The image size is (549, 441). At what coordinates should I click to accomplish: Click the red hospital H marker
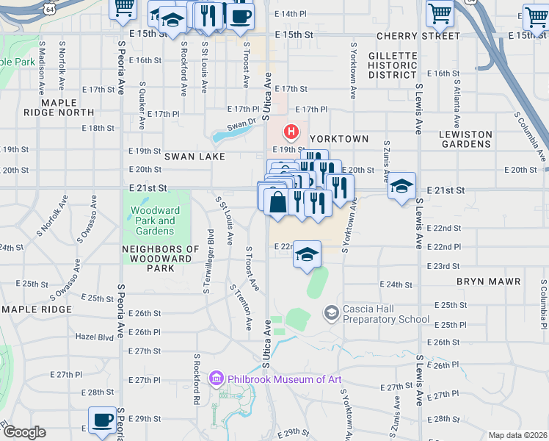(291, 132)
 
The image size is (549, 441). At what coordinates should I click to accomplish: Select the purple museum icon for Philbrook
(216, 379)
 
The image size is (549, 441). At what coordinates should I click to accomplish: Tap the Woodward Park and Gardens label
(154, 220)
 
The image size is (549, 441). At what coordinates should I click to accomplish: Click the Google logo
(24, 432)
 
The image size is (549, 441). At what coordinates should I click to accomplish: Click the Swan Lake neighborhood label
(194, 157)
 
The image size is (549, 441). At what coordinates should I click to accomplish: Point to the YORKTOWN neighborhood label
(338, 138)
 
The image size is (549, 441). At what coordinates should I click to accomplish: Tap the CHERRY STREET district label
(418, 35)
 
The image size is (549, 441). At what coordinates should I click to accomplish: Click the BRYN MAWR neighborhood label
(488, 282)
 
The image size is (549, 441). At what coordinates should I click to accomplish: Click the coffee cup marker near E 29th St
(103, 420)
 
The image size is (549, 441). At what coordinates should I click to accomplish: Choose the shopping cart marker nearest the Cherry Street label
(440, 11)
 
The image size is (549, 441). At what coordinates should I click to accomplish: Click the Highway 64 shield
(48, 7)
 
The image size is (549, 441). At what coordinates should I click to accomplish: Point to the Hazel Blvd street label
(95, 337)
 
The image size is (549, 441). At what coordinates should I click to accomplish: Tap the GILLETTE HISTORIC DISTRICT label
(393, 65)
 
